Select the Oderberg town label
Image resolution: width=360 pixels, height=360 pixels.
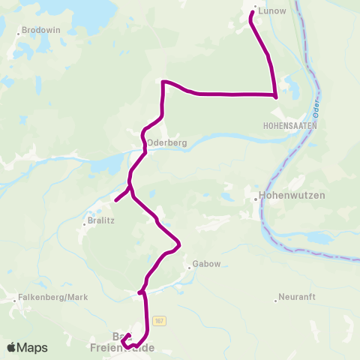coord(166,142)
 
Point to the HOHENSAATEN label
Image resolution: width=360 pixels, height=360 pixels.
coord(291,127)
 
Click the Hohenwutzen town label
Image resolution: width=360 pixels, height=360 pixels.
coord(284,196)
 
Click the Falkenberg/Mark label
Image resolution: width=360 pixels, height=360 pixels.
coord(53,297)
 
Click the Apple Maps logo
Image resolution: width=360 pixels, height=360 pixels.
coord(27,347)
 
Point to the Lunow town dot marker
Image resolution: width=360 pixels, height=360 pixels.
coord(255,9)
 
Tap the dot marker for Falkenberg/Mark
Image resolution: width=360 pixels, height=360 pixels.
coord(14,301)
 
